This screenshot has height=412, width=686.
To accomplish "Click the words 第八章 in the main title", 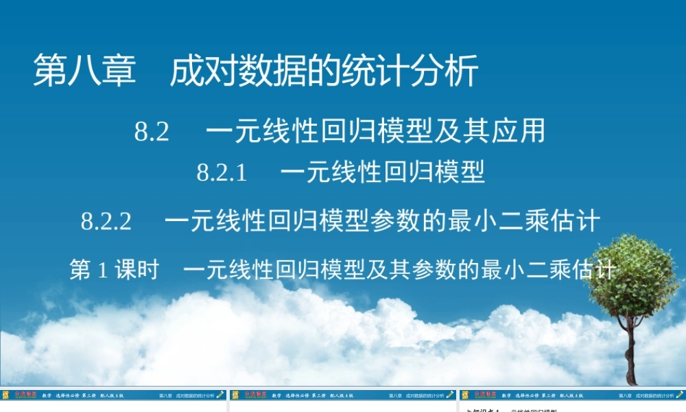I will [85, 71].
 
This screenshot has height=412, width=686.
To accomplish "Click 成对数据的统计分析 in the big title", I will [324, 71].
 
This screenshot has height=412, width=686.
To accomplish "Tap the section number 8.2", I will [152, 131].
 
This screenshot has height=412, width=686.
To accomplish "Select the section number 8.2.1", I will [222, 172].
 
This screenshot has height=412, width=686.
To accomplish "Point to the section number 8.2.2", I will [106, 221].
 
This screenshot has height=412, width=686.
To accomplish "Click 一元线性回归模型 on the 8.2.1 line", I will [383, 172].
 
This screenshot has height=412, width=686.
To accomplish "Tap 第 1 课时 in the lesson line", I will [114, 269].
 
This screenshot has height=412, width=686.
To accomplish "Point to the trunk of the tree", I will [630, 357].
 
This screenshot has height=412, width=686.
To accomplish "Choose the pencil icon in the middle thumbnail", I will [449, 395].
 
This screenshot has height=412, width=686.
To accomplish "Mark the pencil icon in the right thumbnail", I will [679, 395].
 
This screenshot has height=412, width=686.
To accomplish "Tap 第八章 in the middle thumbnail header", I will [394, 396].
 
